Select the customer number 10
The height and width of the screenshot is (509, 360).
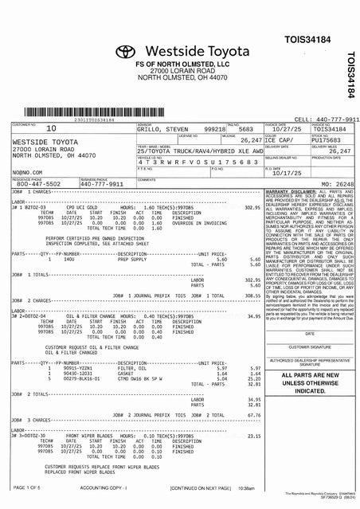52,127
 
